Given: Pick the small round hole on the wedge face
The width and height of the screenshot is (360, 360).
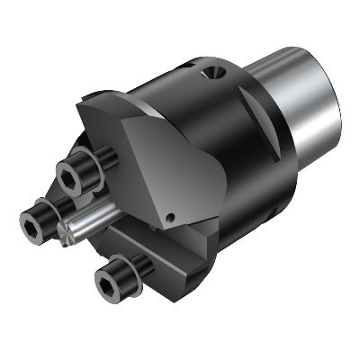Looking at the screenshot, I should (171, 218).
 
